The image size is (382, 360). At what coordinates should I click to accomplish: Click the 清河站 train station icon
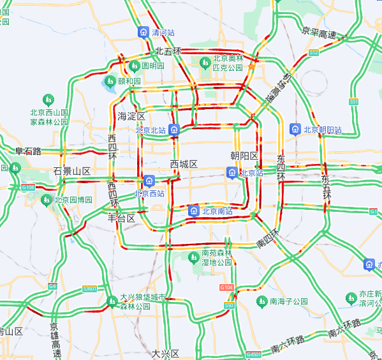[x=143, y=32]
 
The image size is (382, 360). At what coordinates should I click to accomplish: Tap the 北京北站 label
[x=151, y=130]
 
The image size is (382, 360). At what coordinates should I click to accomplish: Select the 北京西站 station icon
[x=149, y=181]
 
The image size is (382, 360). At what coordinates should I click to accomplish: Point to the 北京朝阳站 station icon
[x=296, y=130]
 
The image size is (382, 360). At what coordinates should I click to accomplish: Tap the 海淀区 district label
[x=132, y=117]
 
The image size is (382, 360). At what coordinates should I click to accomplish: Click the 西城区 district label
[x=184, y=164]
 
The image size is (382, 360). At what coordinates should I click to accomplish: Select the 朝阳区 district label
[x=244, y=156]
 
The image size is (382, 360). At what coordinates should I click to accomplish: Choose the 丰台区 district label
[x=121, y=218]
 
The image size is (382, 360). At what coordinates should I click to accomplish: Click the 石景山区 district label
[x=72, y=172]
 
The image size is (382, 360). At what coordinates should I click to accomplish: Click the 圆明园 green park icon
[x=135, y=66]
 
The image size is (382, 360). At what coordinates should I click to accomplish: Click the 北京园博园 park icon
[x=47, y=200]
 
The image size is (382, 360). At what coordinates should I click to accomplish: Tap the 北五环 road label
[x=168, y=51]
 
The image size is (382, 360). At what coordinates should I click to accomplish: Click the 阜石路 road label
[x=28, y=151]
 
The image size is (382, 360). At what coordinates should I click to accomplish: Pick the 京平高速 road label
[x=319, y=33]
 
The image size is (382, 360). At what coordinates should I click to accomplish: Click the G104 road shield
[x=227, y=288]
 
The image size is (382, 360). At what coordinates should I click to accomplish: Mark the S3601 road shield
[x=90, y=289]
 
